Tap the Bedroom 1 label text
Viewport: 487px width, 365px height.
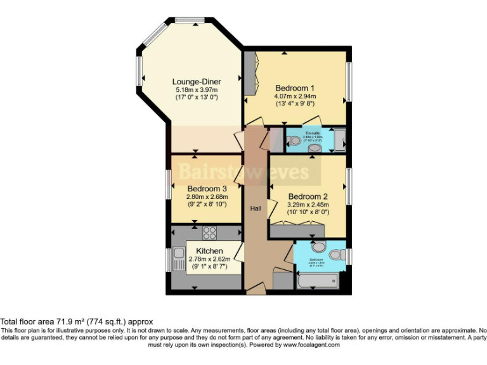click(295, 87)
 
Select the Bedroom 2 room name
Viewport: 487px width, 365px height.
click(308, 196)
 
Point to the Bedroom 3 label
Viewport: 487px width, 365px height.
click(207, 189)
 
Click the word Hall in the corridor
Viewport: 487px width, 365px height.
click(254, 208)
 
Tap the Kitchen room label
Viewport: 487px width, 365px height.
click(209, 252)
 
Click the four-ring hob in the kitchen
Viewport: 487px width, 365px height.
click(209, 233)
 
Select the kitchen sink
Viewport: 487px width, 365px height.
click(176, 259)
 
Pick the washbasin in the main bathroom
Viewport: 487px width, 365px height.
click(318, 246)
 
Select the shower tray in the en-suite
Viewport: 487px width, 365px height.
click(340, 139)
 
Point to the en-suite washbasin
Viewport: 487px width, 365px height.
click(314, 148)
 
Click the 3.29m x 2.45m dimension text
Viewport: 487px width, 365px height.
click(308, 205)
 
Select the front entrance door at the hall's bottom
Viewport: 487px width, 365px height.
click(256, 289)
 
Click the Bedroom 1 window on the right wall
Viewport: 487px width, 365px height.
click(348, 80)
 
